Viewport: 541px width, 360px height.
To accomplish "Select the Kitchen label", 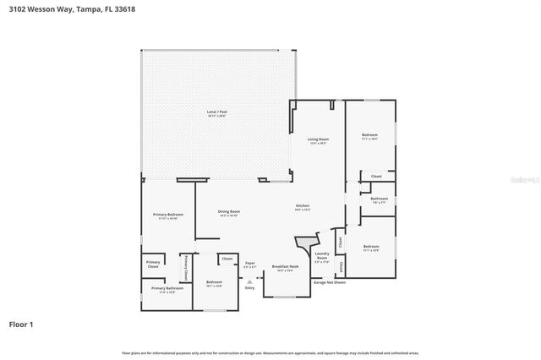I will pyautogui.click(x=303, y=206).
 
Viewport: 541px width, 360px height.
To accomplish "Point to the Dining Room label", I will pyautogui.click(x=229, y=211).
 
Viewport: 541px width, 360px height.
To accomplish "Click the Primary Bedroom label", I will pyautogui.click(x=167, y=215).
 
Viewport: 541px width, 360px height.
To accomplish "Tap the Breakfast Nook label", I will pyautogui.click(x=282, y=266).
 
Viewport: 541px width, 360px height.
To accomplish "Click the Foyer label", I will pyautogui.click(x=250, y=263).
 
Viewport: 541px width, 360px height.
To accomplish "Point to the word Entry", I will pyautogui.click(x=249, y=288).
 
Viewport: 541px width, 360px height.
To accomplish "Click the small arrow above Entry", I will pyautogui.click(x=249, y=281).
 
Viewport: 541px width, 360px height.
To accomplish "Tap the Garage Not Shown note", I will pyautogui.click(x=330, y=281).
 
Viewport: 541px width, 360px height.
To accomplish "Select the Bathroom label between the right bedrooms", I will pyautogui.click(x=379, y=199).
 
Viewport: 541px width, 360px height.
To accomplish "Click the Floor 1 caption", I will pyautogui.click(x=21, y=324).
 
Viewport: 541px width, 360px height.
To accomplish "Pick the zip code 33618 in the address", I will pyautogui.click(x=123, y=8).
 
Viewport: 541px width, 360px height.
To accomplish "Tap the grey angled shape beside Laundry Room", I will pyautogui.click(x=302, y=246).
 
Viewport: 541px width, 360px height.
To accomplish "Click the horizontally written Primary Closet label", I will pyautogui.click(x=153, y=264).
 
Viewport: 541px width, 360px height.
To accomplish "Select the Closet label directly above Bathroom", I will pyautogui.click(x=376, y=177).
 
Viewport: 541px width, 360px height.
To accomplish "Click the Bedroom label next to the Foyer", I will pyautogui.click(x=214, y=281).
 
